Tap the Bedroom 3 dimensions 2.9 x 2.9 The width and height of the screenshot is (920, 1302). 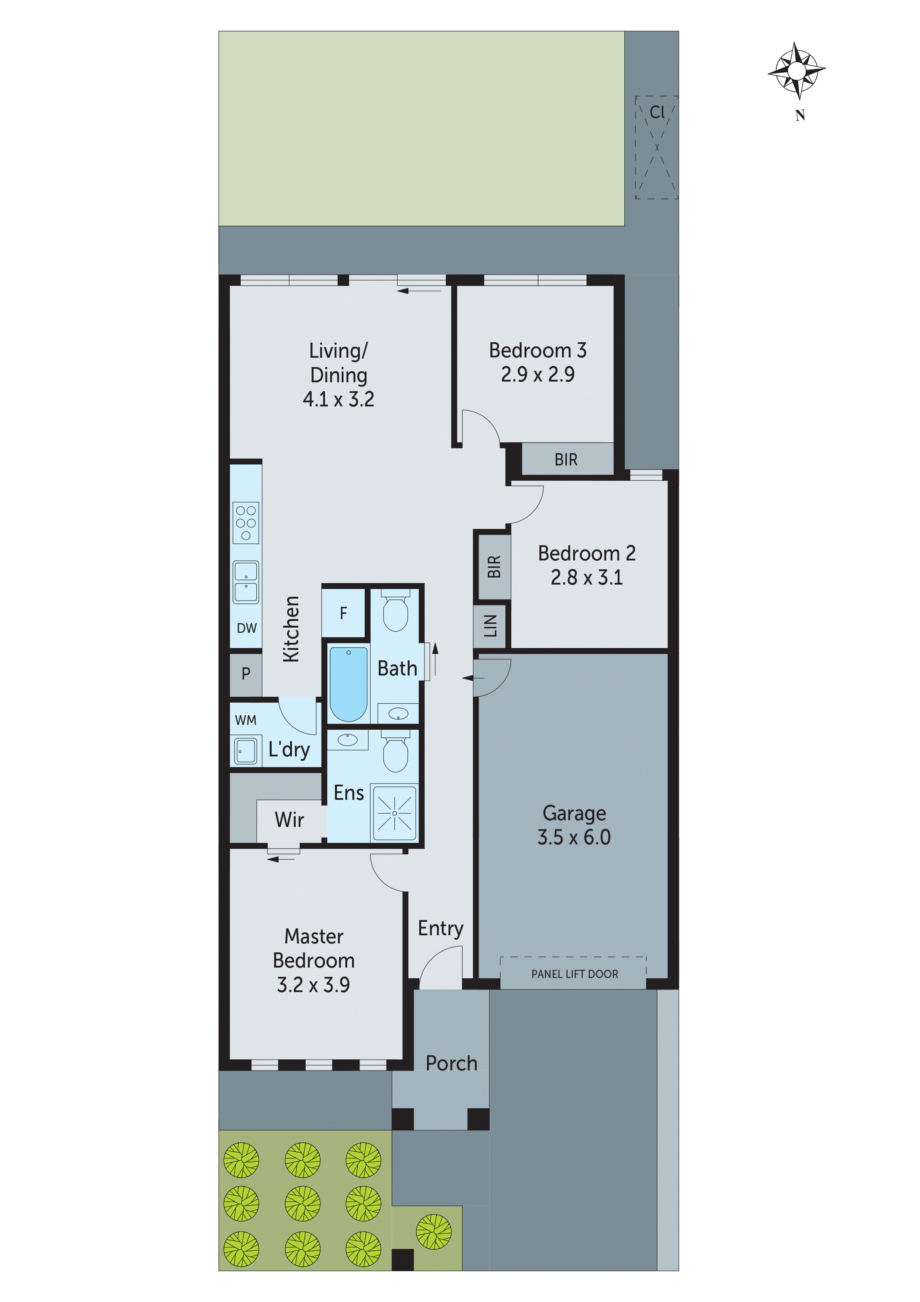pyautogui.click(x=538, y=375)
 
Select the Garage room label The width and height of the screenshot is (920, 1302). pyautogui.click(x=574, y=813)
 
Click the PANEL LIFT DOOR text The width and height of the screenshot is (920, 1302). pyautogui.click(x=574, y=974)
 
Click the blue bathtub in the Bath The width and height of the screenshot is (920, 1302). pyautogui.click(x=348, y=684)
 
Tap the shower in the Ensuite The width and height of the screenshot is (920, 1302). pyautogui.click(x=395, y=813)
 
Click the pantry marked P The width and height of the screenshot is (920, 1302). pyautogui.click(x=246, y=674)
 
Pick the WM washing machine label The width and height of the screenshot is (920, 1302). pyautogui.click(x=246, y=720)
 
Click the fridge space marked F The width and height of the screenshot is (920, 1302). pyautogui.click(x=343, y=613)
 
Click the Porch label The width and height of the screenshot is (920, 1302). pyautogui.click(x=451, y=1064)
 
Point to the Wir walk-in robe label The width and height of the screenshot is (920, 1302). pyautogui.click(x=289, y=820)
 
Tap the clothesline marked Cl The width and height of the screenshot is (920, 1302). pyautogui.click(x=657, y=112)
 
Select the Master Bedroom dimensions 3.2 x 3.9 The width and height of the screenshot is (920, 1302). pyautogui.click(x=313, y=985)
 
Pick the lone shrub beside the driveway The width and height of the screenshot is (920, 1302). pyautogui.click(x=434, y=1232)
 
